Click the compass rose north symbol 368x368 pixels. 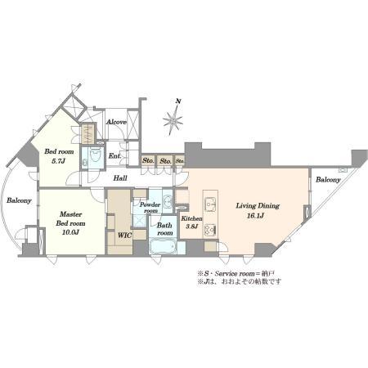173,117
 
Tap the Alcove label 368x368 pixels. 116,122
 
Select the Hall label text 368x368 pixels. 120,178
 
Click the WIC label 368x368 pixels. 124,235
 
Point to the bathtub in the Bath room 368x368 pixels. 163,247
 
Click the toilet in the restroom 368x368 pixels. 95,158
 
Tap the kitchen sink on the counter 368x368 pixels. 210,204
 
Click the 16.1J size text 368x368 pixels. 255,216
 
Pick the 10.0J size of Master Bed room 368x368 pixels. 71,232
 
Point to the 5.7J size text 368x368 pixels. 59,161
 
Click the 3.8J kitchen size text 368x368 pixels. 191,227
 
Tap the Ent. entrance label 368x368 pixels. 115,156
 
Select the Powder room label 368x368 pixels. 150,208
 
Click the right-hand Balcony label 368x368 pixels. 328,180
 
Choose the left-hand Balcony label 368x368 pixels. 19,200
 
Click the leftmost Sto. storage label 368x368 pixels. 148,160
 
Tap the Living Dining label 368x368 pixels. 258,205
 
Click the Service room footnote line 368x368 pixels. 236,273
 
